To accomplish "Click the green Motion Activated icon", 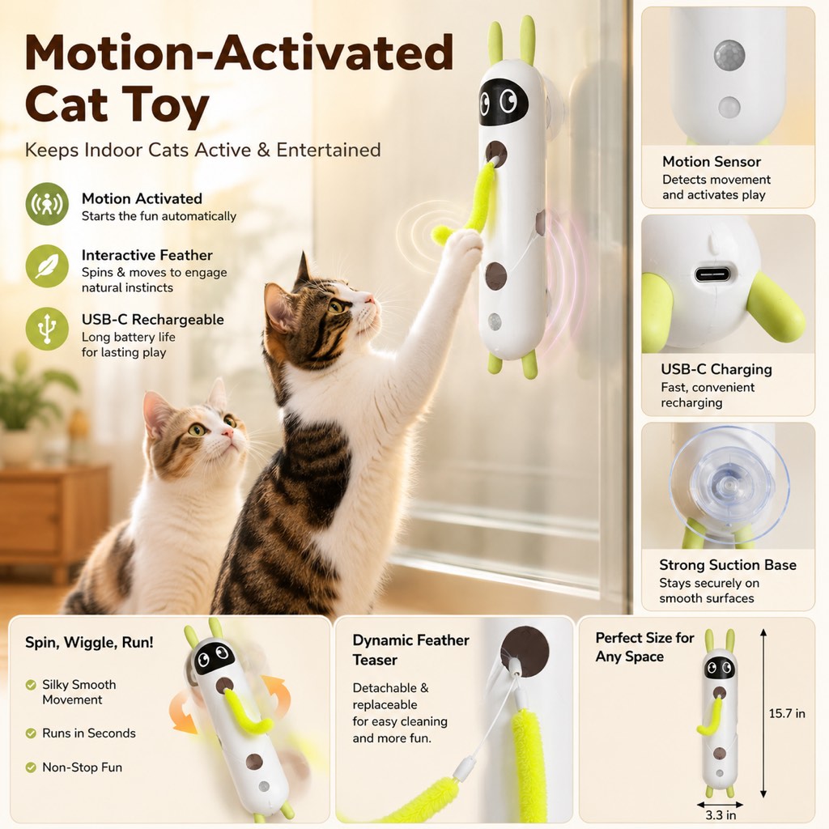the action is pos(47,203).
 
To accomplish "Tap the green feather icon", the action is pos(47,266).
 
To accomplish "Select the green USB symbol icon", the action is pos(47,329).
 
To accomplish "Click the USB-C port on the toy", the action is pos(712,274).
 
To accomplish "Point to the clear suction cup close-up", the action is pos(729,485).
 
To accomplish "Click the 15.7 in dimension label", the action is pos(787,713).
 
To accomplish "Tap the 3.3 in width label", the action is pos(721,814).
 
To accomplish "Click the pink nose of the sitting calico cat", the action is pos(227,433).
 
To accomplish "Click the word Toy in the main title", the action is pos(165,105).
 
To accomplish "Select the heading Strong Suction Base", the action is pos(728,564).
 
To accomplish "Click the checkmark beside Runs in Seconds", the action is pos(31,733).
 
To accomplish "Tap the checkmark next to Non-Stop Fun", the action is pos(31,767).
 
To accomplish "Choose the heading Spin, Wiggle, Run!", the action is pos(89,642).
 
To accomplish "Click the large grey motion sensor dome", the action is pos(729,55).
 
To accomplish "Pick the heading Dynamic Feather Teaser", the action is pos(410,650).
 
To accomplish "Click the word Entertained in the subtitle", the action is pos(329,150).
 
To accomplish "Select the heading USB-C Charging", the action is pos(716,369).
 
